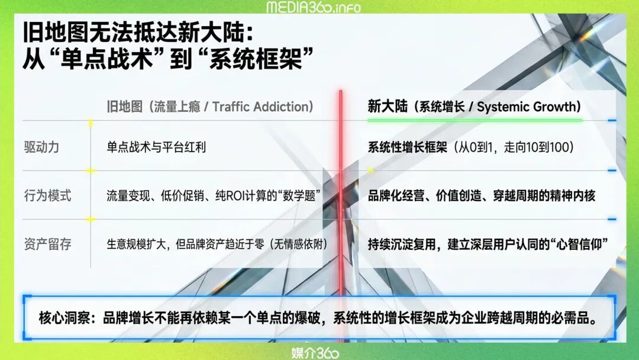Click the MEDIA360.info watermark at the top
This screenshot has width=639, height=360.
coord(314,7)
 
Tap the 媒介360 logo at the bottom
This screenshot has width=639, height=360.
coord(315,353)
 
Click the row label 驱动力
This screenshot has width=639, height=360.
coord(41,147)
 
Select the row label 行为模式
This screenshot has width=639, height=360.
coord(48,195)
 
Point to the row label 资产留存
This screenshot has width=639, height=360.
coord(48,244)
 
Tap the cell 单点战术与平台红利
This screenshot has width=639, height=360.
coord(156,147)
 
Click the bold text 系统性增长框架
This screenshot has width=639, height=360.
coord(408,147)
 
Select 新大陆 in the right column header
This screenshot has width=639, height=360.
coord(388,107)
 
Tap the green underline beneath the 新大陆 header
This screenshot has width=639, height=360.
coord(475,120)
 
